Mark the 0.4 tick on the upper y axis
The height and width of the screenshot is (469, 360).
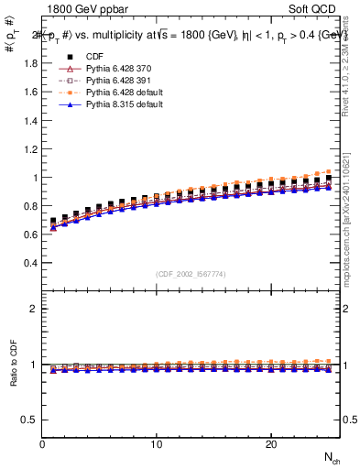tap(32, 263)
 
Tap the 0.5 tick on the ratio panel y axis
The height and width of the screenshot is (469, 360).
tap(32, 420)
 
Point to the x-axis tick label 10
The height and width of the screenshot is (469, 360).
tap(157, 443)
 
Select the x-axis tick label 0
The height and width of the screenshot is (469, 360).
tap(43, 443)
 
